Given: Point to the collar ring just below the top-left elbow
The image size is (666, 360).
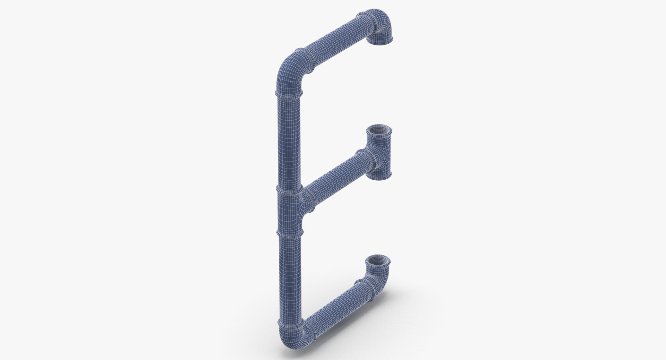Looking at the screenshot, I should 289,93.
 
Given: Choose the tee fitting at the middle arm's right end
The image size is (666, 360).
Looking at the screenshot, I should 380,153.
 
